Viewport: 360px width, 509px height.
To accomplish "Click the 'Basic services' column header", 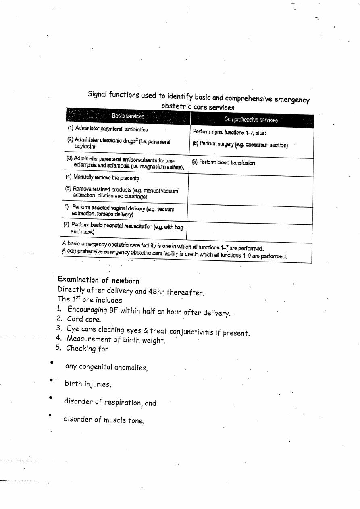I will pos(128,116).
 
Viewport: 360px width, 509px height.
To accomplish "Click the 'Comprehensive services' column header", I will pos(251,120).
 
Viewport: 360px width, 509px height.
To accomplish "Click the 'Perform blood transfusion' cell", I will pos(224,163).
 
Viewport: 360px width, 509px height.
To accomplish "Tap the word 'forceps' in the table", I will pos(94,214).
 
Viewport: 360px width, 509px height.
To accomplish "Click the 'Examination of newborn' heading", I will pos(98,280).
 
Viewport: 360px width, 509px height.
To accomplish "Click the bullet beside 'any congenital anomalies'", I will pos(52,362).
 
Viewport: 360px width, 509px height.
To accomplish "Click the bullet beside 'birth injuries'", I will pos(51,380).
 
